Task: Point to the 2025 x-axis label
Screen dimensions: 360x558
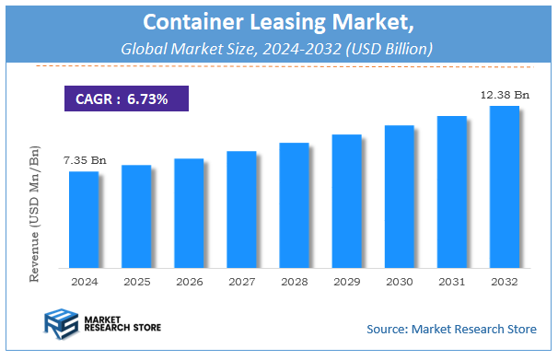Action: tap(136, 281)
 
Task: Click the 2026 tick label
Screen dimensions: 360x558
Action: tap(189, 281)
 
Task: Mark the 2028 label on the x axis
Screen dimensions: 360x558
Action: tap(294, 281)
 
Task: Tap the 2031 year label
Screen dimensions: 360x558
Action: tap(451, 281)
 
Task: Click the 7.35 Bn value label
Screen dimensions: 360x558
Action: tap(85, 160)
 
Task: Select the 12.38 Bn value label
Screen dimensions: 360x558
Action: tap(505, 95)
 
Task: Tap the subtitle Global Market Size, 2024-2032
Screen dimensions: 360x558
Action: tap(279, 47)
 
